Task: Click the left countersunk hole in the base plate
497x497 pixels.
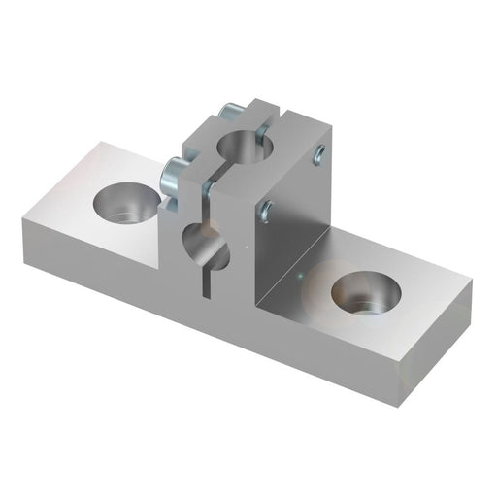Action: tap(126, 204)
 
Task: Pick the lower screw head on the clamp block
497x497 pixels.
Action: tap(172, 175)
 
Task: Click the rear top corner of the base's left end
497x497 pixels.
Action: tap(102, 143)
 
